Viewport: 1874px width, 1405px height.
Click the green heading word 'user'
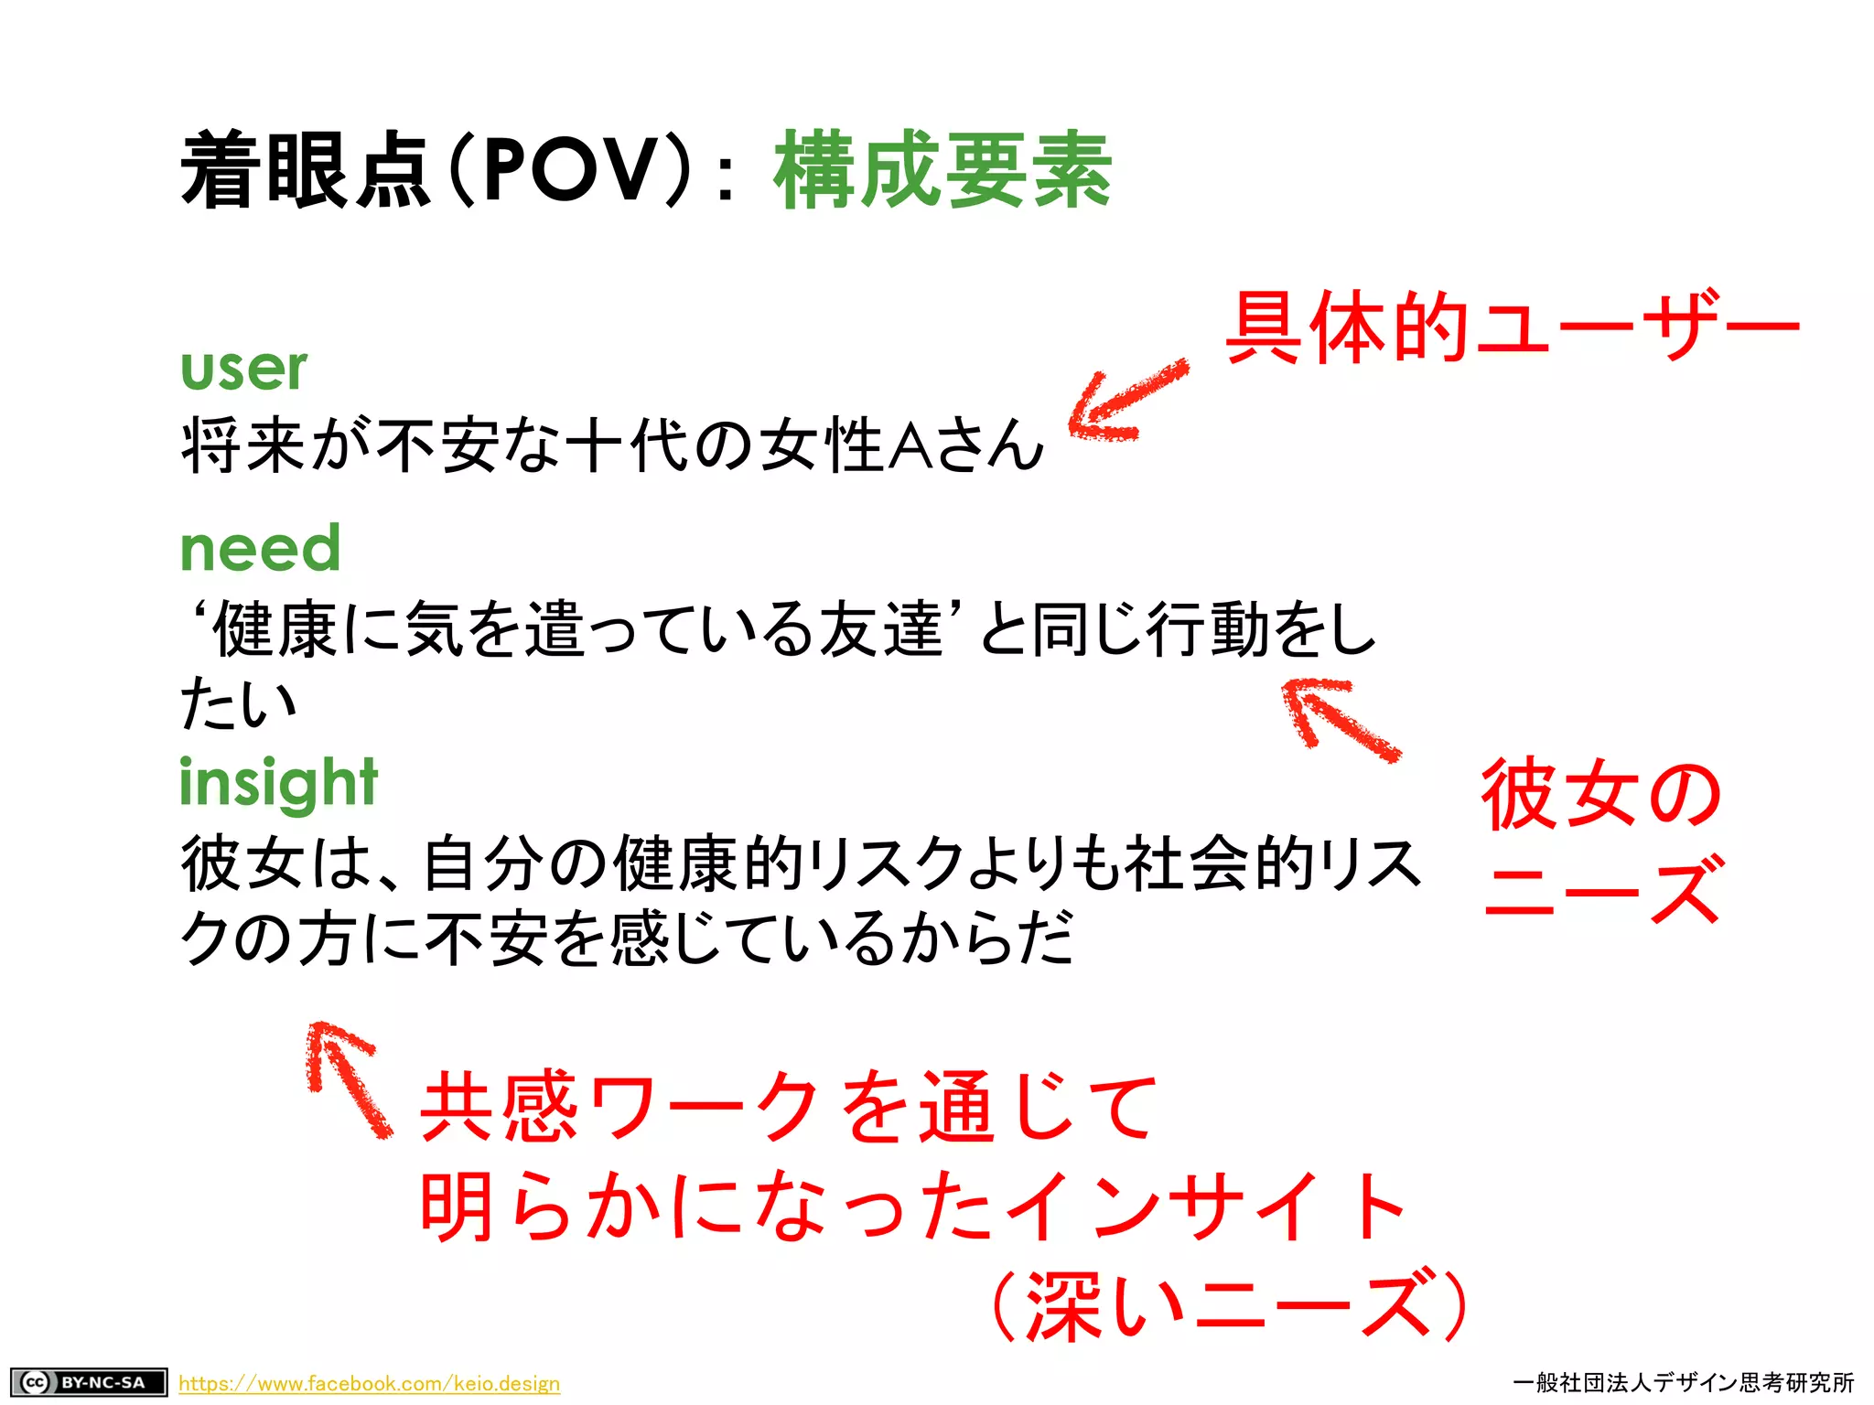coord(243,369)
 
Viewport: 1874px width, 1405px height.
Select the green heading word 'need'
coord(260,549)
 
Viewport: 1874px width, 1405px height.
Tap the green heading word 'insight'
coord(278,784)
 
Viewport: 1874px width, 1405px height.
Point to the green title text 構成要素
coord(942,170)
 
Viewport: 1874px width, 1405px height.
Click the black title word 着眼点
coord(306,170)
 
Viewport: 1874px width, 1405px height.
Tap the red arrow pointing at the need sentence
coord(1338,719)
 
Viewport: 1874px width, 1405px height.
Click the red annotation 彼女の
coord(1601,794)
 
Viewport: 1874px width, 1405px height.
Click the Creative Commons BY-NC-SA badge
coord(89,1381)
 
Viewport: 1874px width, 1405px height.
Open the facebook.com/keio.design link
coord(369,1383)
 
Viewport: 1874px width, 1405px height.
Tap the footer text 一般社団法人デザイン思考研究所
coord(1683,1382)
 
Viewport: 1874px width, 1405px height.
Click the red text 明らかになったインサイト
coord(911,1207)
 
